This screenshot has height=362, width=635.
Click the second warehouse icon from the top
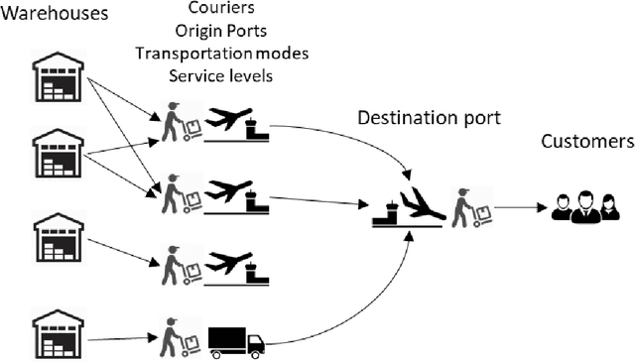[x=59, y=155]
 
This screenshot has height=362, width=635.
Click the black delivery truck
[x=236, y=341]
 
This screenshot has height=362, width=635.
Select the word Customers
[x=586, y=141]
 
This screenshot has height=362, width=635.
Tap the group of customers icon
[x=584, y=207]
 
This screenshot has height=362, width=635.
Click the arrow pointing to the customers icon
[x=520, y=208]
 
